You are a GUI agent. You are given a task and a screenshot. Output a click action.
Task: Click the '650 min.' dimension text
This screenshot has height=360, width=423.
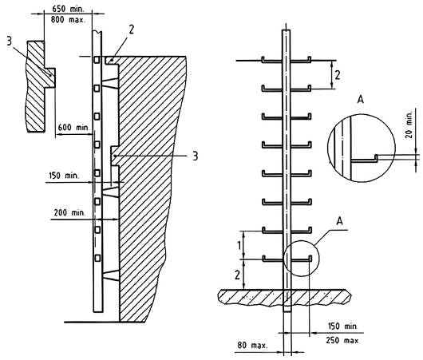pos(68,9)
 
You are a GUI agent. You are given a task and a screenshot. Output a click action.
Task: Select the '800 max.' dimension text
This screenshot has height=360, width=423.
pos(68,20)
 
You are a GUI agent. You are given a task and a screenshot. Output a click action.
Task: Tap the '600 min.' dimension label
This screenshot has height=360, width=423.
pos(73,127)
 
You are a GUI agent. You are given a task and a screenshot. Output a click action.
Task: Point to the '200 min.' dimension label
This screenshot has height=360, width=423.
pos(69,212)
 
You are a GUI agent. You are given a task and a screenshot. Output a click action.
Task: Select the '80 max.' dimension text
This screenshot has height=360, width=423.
pos(252,345)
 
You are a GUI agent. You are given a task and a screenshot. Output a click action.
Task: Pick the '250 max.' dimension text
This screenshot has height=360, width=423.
pos(342,340)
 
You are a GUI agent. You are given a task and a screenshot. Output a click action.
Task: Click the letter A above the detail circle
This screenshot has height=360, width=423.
pos(361,99)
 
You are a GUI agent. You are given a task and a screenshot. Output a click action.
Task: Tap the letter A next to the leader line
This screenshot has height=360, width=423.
pos(340,221)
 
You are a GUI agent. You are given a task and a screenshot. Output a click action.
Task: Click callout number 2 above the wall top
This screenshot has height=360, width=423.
pos(131,30)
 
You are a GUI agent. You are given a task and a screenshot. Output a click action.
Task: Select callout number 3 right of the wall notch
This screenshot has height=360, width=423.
pos(196,156)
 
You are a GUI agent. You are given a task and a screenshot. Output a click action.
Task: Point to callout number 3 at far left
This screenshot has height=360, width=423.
pos(10,42)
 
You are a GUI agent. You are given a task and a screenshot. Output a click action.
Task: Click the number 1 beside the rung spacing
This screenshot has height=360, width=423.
pos(239,246)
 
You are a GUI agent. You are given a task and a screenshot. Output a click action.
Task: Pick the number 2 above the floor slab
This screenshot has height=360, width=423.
pos(237,275)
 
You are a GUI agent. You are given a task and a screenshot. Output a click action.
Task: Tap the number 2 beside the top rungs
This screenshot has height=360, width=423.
pos(338,75)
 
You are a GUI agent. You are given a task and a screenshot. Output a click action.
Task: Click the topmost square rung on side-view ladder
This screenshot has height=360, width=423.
pos(97,60)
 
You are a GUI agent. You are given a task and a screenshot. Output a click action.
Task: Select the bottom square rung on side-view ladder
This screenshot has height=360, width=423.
pos(97,258)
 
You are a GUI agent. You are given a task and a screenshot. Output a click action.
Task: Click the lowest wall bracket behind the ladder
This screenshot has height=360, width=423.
pos(111,275)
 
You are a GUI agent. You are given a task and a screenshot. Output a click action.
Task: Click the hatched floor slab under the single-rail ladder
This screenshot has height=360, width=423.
pos(285,297)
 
